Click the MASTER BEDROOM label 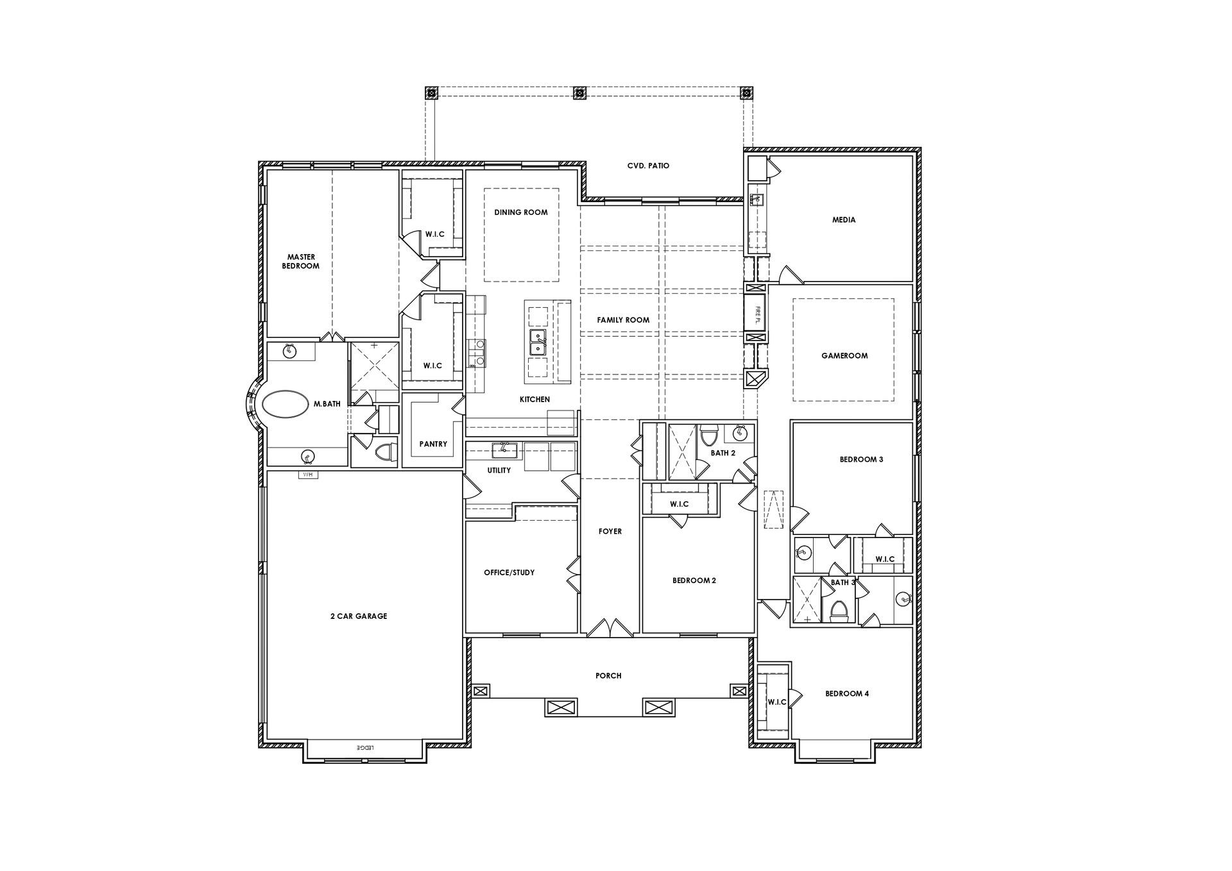301,262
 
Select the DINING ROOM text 521,212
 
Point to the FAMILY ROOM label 623,320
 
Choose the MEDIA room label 844,219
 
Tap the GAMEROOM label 844,355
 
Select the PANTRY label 433,444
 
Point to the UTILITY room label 499,470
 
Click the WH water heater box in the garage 308,475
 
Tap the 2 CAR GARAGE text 359,616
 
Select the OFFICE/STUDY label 509,573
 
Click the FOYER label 610,531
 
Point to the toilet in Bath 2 708,436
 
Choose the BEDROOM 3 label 862,459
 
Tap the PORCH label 608,675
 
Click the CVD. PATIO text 648,165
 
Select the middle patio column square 580,92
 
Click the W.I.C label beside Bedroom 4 777,702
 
